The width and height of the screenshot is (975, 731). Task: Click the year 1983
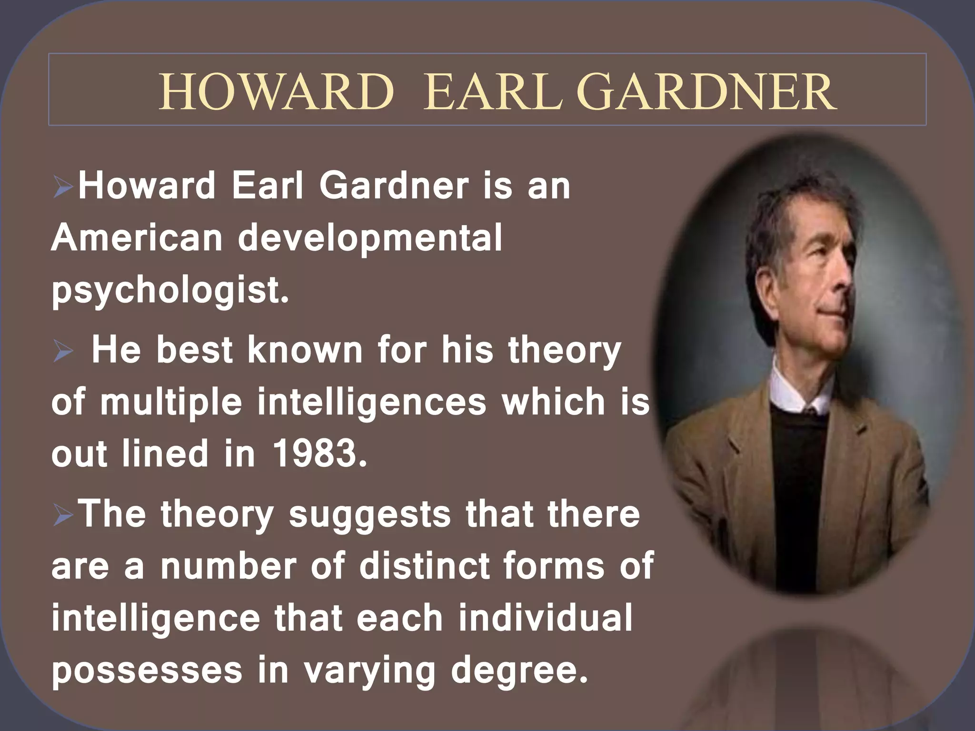(x=319, y=453)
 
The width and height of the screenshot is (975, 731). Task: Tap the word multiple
(x=171, y=402)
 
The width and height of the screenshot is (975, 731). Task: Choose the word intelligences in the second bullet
(x=372, y=402)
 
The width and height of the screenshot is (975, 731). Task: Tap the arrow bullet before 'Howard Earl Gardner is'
(x=63, y=187)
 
